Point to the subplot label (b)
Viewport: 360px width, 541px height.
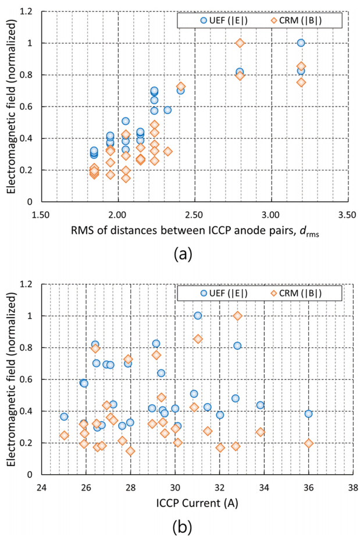pos(183,527)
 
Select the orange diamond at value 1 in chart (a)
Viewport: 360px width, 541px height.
pos(240,43)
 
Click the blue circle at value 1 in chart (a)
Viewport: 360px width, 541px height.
pos(301,42)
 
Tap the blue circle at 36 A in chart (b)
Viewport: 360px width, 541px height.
pos(308,414)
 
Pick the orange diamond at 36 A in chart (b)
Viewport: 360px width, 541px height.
pos(309,443)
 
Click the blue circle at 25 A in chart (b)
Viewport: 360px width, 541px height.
pos(64,417)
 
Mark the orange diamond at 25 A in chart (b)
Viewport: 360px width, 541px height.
pos(64,435)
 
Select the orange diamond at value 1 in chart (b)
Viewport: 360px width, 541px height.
pos(237,315)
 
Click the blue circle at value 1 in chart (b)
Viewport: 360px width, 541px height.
pos(198,315)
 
